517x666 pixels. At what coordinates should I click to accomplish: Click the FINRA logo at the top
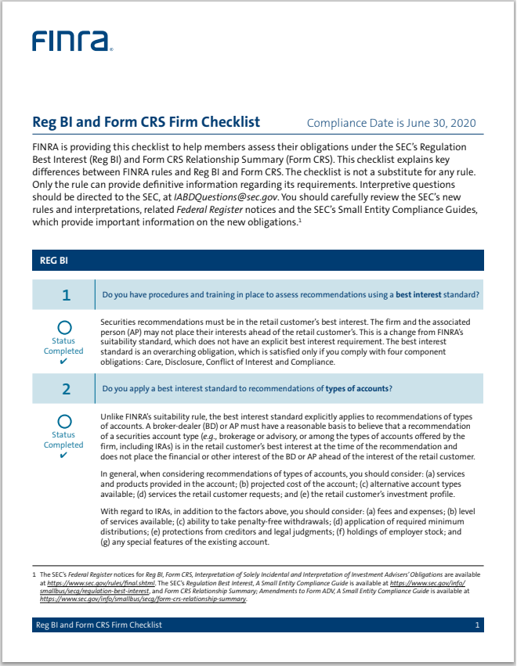72,41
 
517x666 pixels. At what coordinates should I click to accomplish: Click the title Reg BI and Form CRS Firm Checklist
146,122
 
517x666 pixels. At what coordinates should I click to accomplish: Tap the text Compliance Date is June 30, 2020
391,123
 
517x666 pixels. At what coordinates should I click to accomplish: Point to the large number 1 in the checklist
66,295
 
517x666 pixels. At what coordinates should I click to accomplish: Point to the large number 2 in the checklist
66,389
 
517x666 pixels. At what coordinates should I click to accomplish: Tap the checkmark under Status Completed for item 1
63,362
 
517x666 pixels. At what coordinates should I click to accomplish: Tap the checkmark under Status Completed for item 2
63,455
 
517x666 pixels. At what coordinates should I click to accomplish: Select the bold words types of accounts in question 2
358,389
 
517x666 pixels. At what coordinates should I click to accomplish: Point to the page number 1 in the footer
476,625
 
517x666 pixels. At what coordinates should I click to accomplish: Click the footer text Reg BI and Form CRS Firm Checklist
99,625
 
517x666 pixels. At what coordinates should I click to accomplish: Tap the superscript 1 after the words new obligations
300,220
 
